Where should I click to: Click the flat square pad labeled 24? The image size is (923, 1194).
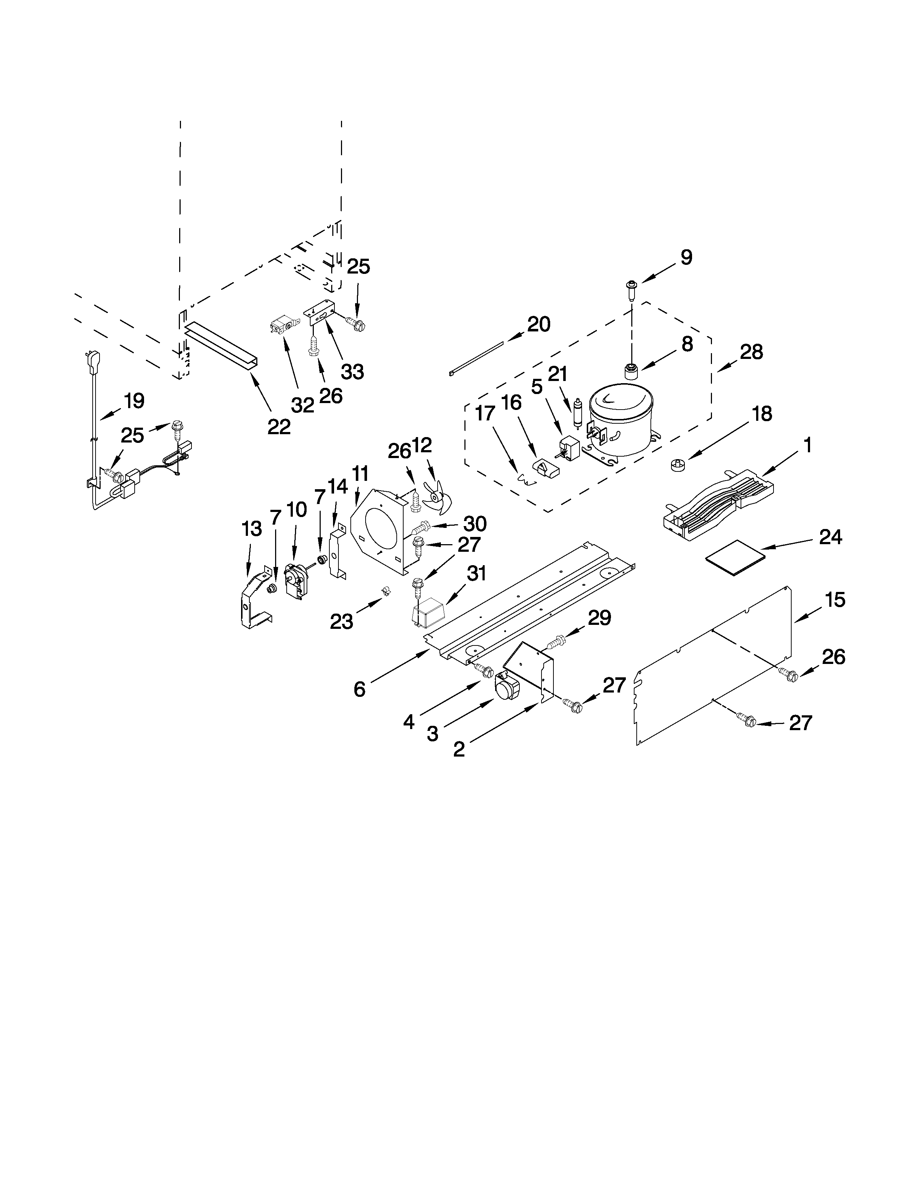[733, 556]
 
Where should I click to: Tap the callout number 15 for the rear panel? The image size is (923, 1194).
[835, 600]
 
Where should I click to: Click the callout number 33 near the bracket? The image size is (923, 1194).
[352, 372]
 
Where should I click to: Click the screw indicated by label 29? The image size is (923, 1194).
[555, 643]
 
